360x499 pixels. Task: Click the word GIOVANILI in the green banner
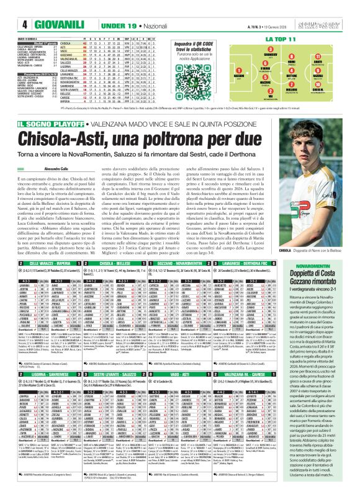[39, 24]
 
